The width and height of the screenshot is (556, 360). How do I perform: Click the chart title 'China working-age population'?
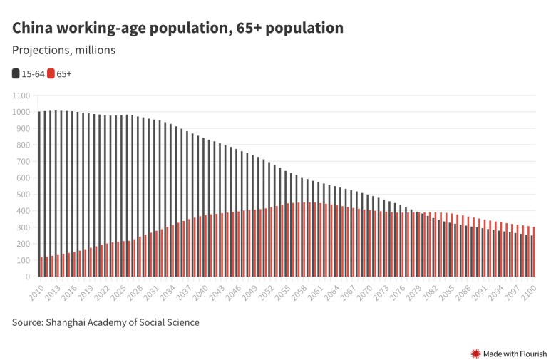tap(177, 28)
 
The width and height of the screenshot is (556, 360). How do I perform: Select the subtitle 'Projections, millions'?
tap(63, 51)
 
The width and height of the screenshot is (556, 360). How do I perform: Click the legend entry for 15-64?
tap(28, 73)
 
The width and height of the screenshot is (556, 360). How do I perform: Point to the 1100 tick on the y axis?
tap(21, 96)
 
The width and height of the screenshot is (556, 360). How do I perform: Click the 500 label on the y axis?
tap(23, 194)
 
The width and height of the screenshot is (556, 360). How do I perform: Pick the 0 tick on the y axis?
tap(27, 277)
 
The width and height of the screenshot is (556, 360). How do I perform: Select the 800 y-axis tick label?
tap(23, 145)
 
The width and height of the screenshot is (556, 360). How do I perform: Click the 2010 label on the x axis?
tap(36, 292)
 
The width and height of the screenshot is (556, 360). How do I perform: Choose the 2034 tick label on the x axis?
tap(167, 292)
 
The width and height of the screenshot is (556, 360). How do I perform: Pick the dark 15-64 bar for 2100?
tap(531, 256)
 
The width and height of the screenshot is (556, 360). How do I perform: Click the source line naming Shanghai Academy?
tap(105, 322)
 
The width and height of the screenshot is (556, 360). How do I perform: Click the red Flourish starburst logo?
tap(475, 353)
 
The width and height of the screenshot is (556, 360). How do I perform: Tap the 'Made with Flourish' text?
tap(515, 353)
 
